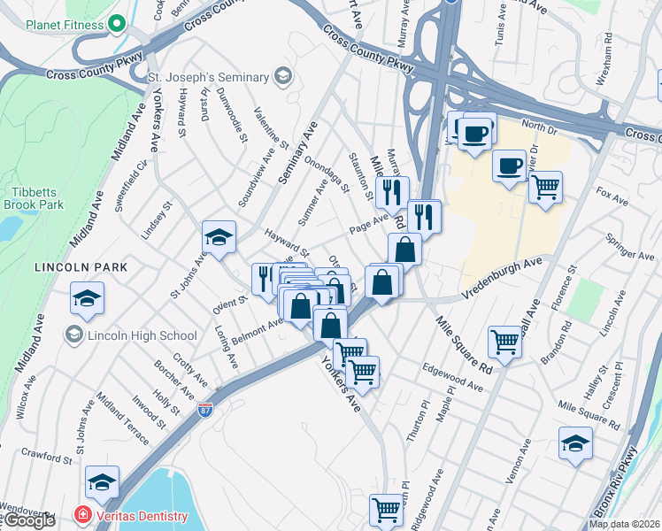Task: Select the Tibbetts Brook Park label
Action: tap(38, 197)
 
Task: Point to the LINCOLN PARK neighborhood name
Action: tap(81, 266)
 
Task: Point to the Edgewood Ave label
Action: tap(452, 379)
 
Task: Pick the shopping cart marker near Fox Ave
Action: tap(546, 187)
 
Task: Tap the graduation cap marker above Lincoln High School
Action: tap(88, 298)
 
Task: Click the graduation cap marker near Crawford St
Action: tap(103, 482)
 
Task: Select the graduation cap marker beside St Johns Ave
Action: tap(219, 236)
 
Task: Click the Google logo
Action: tap(28, 520)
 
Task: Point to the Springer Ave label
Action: tap(629, 248)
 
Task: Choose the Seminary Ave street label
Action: tap(297, 152)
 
